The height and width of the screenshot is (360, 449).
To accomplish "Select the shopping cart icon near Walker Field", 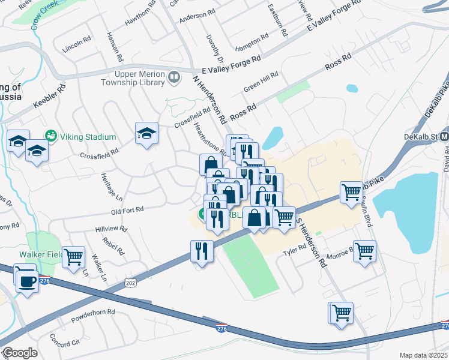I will [74, 256].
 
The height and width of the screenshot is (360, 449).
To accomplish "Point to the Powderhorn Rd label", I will [92, 313].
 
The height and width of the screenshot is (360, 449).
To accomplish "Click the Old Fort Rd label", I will [127, 210].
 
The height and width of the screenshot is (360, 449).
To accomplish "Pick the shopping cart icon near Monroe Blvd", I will [365, 250].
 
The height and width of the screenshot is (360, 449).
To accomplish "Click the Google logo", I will [20, 353].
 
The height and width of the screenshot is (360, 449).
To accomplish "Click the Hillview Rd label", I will [111, 229].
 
